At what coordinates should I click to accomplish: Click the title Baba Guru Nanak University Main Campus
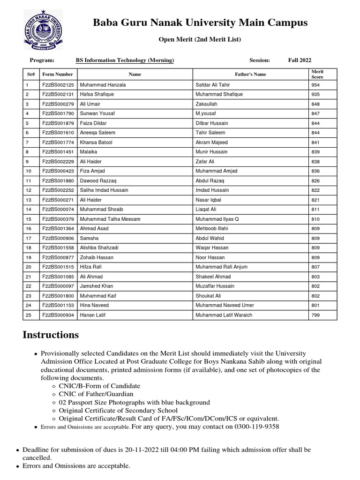pos(200,22)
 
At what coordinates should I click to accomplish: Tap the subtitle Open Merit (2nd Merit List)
pos(200,39)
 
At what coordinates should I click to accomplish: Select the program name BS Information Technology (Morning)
pos(125,60)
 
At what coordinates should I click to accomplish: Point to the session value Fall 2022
pos(300,60)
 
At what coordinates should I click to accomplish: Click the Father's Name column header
pos(250,74)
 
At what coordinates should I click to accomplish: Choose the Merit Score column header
pos(317,74)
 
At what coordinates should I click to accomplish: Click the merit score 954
pos(315,85)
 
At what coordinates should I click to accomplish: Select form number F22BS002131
pos(58,94)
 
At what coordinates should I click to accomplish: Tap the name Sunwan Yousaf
pos(97,113)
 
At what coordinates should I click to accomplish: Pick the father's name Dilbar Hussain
pos(211,123)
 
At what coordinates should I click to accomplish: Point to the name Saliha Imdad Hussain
pos(104,190)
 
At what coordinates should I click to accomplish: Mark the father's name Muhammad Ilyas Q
pos(217,219)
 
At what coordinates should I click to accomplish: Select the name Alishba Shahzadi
pos(99,247)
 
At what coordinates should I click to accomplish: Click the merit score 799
pos(315,315)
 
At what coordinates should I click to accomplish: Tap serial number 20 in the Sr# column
pos(29,267)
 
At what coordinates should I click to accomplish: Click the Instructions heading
pos(51,335)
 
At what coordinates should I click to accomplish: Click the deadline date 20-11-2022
pos(142,450)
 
